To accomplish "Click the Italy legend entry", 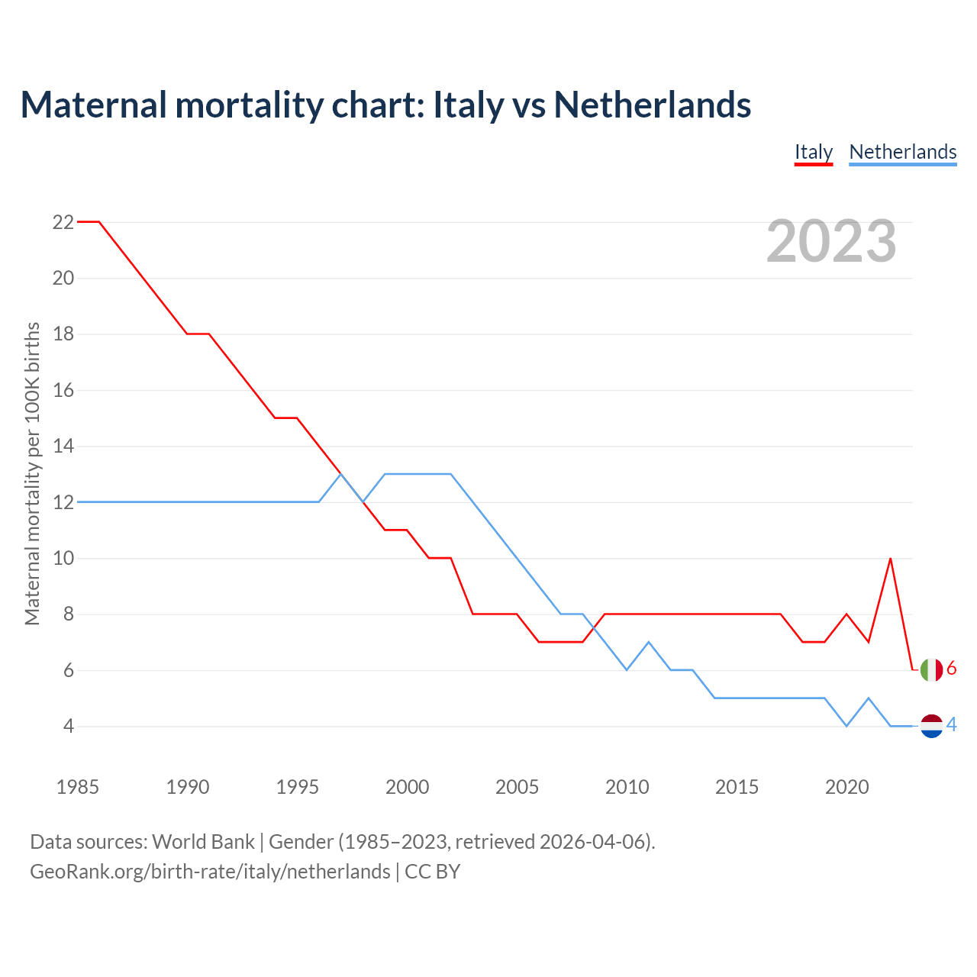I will [x=813, y=152].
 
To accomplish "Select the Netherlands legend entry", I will [x=902, y=152].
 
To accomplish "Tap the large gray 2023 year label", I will [x=831, y=241].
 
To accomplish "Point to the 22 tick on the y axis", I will [x=63, y=222].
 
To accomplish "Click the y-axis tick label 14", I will [x=63, y=446].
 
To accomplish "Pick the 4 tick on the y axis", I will [x=69, y=726].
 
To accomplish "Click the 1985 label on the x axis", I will [x=77, y=787].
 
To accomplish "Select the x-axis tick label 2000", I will [x=407, y=787].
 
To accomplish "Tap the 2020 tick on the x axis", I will [x=846, y=787].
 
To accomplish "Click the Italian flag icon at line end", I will [x=931, y=669].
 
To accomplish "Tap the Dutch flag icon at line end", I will [x=931, y=726].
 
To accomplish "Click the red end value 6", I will [x=952, y=669].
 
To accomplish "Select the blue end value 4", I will [x=952, y=724].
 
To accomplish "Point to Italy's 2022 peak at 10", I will [x=891, y=559].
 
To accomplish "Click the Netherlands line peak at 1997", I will [x=340, y=474].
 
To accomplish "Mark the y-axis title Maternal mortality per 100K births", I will [x=32, y=473].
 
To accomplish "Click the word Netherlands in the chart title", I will [x=653, y=105].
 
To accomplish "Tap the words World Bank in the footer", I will [x=203, y=842].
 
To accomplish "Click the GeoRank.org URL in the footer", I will [x=210, y=872].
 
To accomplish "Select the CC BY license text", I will [x=433, y=872].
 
